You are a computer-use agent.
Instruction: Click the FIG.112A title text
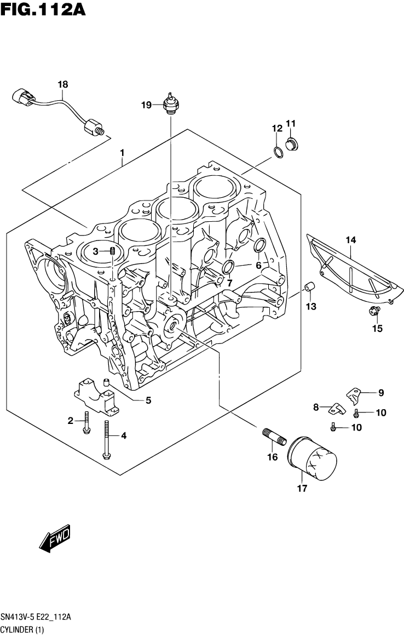coord(43,9)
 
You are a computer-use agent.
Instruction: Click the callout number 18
coord(63,84)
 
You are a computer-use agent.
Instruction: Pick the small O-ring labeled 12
coord(278,152)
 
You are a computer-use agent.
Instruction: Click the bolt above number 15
coord(374,313)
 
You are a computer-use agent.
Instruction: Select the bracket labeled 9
coord(355,393)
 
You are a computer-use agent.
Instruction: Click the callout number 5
coord(148,400)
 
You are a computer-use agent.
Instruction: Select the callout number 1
coord(122,153)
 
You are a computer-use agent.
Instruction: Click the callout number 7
coord(229,282)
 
